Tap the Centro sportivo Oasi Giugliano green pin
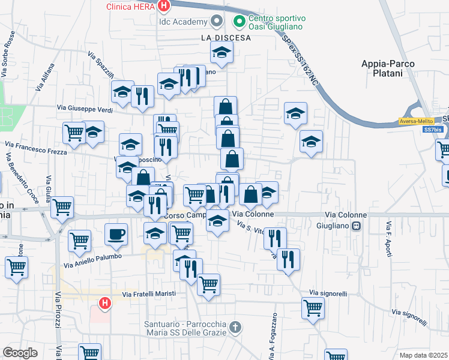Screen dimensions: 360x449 [239, 22]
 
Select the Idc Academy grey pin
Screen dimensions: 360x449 [217, 22]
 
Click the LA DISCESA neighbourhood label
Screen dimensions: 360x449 [226, 37]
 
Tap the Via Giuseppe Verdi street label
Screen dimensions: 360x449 [85, 109]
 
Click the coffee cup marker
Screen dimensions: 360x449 [116, 233]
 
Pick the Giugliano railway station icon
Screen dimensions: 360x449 [357, 226]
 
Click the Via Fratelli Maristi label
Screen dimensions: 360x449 [149, 293]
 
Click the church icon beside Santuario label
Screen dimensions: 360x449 [236, 327]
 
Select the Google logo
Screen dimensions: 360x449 [20, 353]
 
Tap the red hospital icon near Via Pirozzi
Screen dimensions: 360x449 [104, 304]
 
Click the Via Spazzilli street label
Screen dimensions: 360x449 [100, 66]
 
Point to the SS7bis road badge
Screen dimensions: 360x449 [431, 130]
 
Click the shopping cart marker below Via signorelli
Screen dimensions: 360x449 [313, 308]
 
